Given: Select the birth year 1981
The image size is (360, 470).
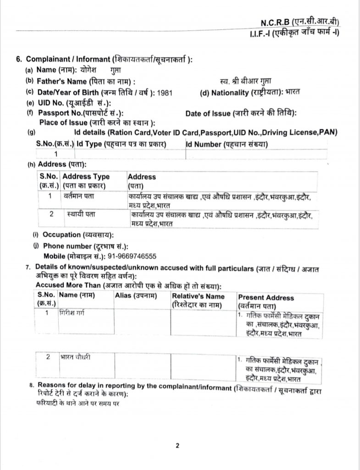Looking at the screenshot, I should pos(166,92).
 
